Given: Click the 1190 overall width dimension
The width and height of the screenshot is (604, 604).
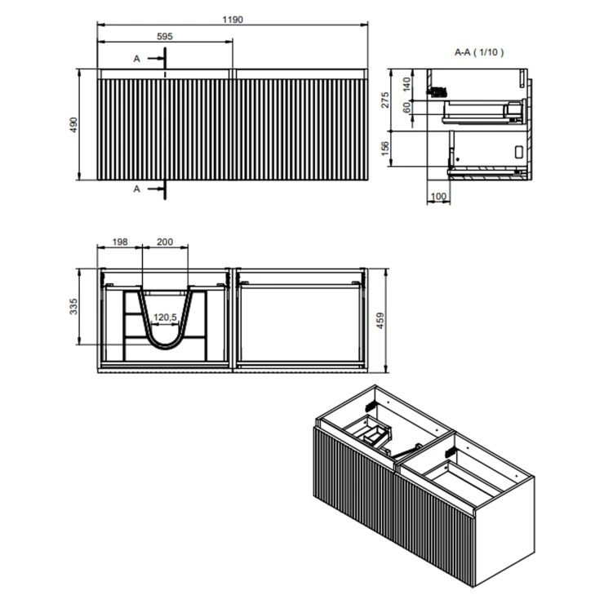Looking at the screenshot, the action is click(233, 20).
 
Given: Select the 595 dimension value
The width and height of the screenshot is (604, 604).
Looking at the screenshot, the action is click(165, 36).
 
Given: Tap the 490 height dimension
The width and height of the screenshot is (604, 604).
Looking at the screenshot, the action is click(73, 125).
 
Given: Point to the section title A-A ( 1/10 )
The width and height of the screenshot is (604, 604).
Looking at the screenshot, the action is click(479, 52).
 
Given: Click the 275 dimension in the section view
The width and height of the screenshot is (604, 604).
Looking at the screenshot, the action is click(385, 100).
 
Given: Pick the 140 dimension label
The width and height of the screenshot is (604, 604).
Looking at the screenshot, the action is click(406, 84).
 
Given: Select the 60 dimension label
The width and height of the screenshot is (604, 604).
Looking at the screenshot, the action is click(406, 108).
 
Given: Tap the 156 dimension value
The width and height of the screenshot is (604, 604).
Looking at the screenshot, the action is click(385, 149).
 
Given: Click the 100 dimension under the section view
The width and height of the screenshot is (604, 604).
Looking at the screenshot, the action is click(438, 197).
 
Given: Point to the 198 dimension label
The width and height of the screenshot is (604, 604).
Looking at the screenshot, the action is click(120, 242).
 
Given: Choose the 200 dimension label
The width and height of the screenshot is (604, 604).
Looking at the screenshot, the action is click(165, 242).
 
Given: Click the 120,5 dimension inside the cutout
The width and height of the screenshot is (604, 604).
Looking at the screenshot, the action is click(165, 317).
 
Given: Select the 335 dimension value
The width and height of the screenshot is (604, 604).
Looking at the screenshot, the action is click(73, 307).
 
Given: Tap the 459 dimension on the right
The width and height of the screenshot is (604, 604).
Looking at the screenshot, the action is click(380, 321).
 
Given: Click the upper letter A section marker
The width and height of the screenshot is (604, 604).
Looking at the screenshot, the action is click(137, 59).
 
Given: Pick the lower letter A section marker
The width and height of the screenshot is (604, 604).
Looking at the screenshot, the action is click(137, 189).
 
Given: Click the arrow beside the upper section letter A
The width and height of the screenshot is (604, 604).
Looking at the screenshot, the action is click(156, 59).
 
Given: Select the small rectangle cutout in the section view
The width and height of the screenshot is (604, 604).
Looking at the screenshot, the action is click(519, 151).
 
